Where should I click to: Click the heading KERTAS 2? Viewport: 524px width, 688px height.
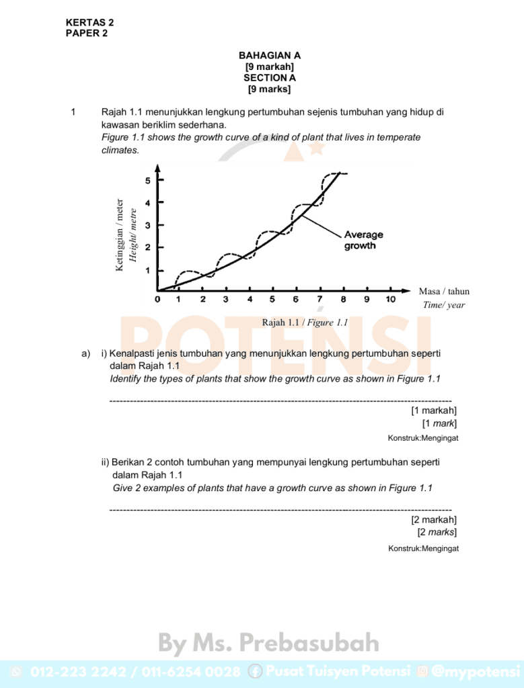(x=89, y=22)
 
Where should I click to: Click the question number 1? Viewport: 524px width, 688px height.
(x=73, y=112)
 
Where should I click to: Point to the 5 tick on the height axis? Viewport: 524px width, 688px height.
(x=148, y=180)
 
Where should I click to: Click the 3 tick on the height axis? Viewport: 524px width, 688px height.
(x=148, y=225)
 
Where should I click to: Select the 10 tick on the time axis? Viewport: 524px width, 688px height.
(x=390, y=300)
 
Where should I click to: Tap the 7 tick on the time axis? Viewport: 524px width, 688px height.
(x=320, y=300)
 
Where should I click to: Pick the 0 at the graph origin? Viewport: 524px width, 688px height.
(x=158, y=300)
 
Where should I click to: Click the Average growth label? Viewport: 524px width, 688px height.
(x=363, y=240)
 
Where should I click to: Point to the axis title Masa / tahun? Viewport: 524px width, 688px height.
(x=444, y=291)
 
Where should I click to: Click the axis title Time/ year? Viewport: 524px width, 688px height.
(x=444, y=305)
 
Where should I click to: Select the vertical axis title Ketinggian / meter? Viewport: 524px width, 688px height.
(x=120, y=234)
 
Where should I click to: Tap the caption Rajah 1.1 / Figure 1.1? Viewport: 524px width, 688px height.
(x=305, y=322)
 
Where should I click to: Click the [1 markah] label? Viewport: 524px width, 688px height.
(x=434, y=411)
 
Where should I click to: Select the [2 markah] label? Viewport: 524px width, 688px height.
(x=434, y=519)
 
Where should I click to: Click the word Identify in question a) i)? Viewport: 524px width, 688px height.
(x=126, y=379)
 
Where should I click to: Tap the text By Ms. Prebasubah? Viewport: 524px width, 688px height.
(x=269, y=644)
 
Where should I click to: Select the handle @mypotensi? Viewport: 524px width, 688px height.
(x=476, y=671)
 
